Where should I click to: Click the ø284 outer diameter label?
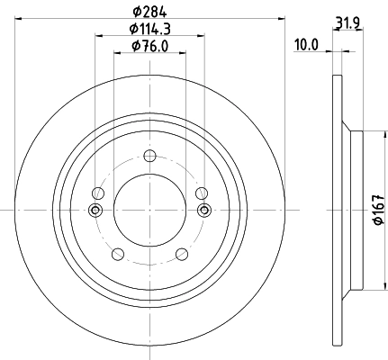tap(149, 11)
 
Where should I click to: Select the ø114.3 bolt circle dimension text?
tap(149, 29)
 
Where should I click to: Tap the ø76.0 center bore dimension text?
tap(149, 46)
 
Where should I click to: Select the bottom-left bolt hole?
tap(117, 255)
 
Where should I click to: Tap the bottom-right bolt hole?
tap(181, 255)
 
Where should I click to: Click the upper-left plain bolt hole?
tap(98, 192)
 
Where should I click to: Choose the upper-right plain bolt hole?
tap(201, 192)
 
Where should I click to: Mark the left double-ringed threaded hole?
tap(96, 211)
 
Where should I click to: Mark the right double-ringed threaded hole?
tap(203, 211)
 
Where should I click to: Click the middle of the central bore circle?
tap(149, 210)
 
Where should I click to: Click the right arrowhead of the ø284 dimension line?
tap(280, 18)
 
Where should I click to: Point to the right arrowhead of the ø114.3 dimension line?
tap(200, 36)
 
